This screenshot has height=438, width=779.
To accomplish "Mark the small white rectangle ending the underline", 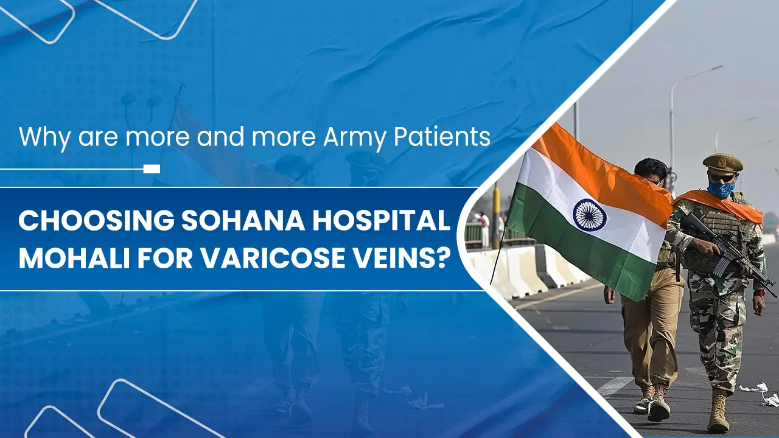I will pyautogui.click(x=152, y=169).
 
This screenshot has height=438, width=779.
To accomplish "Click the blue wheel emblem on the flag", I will pyautogui.click(x=589, y=215).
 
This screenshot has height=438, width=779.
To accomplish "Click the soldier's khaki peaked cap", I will pyautogui.click(x=722, y=162).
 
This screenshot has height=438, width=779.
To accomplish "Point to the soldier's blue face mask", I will pyautogui.click(x=721, y=189).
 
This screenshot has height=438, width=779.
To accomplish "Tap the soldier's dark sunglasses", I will pyautogui.click(x=721, y=177).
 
